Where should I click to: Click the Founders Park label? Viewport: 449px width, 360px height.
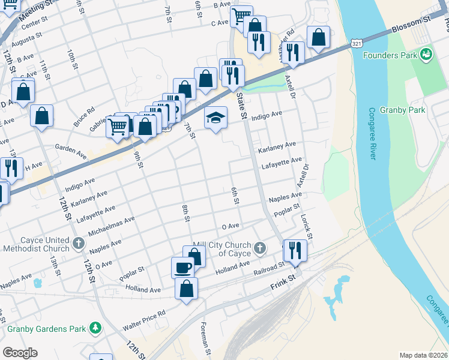click(x=390, y=56)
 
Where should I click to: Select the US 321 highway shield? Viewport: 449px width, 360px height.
click(x=357, y=44)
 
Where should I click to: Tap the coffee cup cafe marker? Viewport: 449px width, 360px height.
click(x=182, y=267)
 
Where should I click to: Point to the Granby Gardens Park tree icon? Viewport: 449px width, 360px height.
click(x=95, y=328)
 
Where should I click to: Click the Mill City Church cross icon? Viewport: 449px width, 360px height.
click(x=260, y=247)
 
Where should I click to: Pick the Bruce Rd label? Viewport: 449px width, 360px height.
click(x=84, y=116)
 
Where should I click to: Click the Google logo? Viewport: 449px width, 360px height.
click(x=20, y=352)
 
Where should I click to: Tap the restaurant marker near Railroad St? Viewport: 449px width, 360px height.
click(x=294, y=250)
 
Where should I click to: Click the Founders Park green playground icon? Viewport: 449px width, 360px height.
click(x=426, y=55)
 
